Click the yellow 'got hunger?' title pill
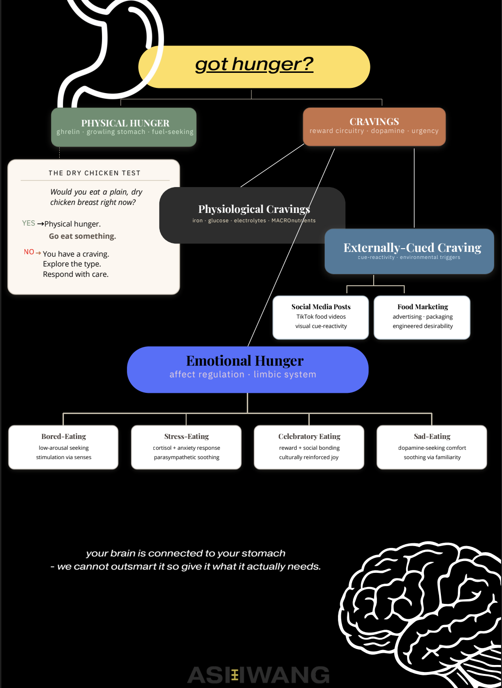click(x=254, y=67)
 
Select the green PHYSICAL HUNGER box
click(x=124, y=127)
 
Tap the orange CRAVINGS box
click(x=374, y=126)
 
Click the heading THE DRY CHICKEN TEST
click(x=94, y=173)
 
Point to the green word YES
click(x=28, y=223)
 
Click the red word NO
click(x=29, y=252)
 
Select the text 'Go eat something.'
click(x=82, y=236)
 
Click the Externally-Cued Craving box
click(x=409, y=251)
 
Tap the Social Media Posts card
click(x=321, y=317)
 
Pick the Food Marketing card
click(x=422, y=317)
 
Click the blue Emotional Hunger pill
click(x=248, y=369)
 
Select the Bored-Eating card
click(x=63, y=447)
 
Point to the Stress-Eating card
click(x=186, y=447)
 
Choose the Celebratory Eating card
click(x=309, y=447)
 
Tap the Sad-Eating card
click(x=432, y=447)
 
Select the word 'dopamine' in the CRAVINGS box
click(x=388, y=131)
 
